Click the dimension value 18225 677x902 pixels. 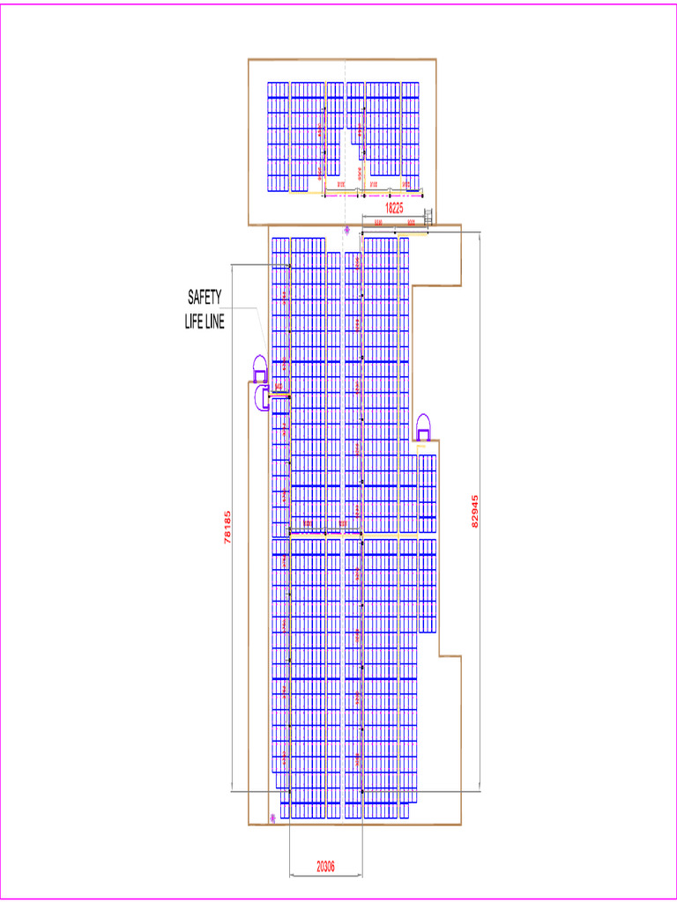[x=394, y=209]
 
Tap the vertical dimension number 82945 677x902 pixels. [x=477, y=511]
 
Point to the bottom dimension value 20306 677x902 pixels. [x=325, y=866]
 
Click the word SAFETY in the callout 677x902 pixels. [x=205, y=296]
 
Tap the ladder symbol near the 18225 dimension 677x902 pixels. [x=428, y=215]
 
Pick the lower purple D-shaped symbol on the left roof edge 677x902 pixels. [x=261, y=399]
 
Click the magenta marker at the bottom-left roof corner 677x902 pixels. [x=272, y=818]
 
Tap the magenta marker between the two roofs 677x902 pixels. [x=347, y=230]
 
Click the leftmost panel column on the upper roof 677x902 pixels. [x=278, y=137]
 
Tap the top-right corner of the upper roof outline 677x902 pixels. [x=435, y=60]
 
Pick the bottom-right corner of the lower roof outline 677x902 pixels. [x=461, y=825]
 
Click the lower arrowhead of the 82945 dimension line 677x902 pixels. [x=479, y=790]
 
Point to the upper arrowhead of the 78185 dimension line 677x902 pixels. [x=231, y=265]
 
